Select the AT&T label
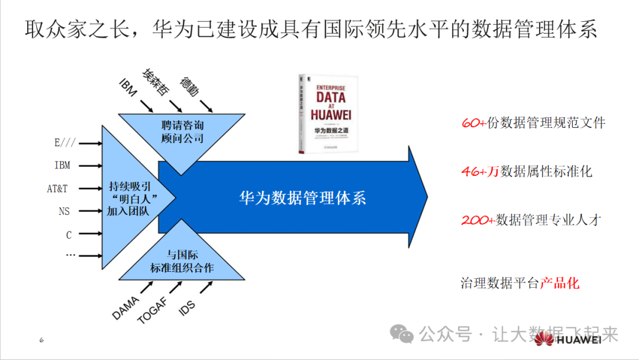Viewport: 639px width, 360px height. pyautogui.click(x=57, y=189)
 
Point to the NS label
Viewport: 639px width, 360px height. pyautogui.click(x=64, y=211)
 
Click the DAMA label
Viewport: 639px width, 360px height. pyautogui.click(x=125, y=308)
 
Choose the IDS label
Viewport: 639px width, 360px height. pyautogui.click(x=187, y=307)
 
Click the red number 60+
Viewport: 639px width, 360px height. pyautogui.click(x=473, y=123)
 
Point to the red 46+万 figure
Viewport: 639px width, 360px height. pyautogui.click(x=480, y=172)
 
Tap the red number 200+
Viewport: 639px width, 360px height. pyautogui.click(x=477, y=220)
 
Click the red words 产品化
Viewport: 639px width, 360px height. pyautogui.click(x=560, y=283)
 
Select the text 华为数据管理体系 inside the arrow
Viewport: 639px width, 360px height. pyautogui.click(x=302, y=197)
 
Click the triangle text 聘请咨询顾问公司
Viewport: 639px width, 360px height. pyautogui.click(x=182, y=131)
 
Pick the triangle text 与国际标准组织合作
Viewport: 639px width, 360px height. pyautogui.click(x=182, y=262)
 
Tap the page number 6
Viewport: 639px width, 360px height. pyautogui.click(x=41, y=340)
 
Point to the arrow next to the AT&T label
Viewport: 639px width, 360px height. pyautogui.click(x=89, y=189)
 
